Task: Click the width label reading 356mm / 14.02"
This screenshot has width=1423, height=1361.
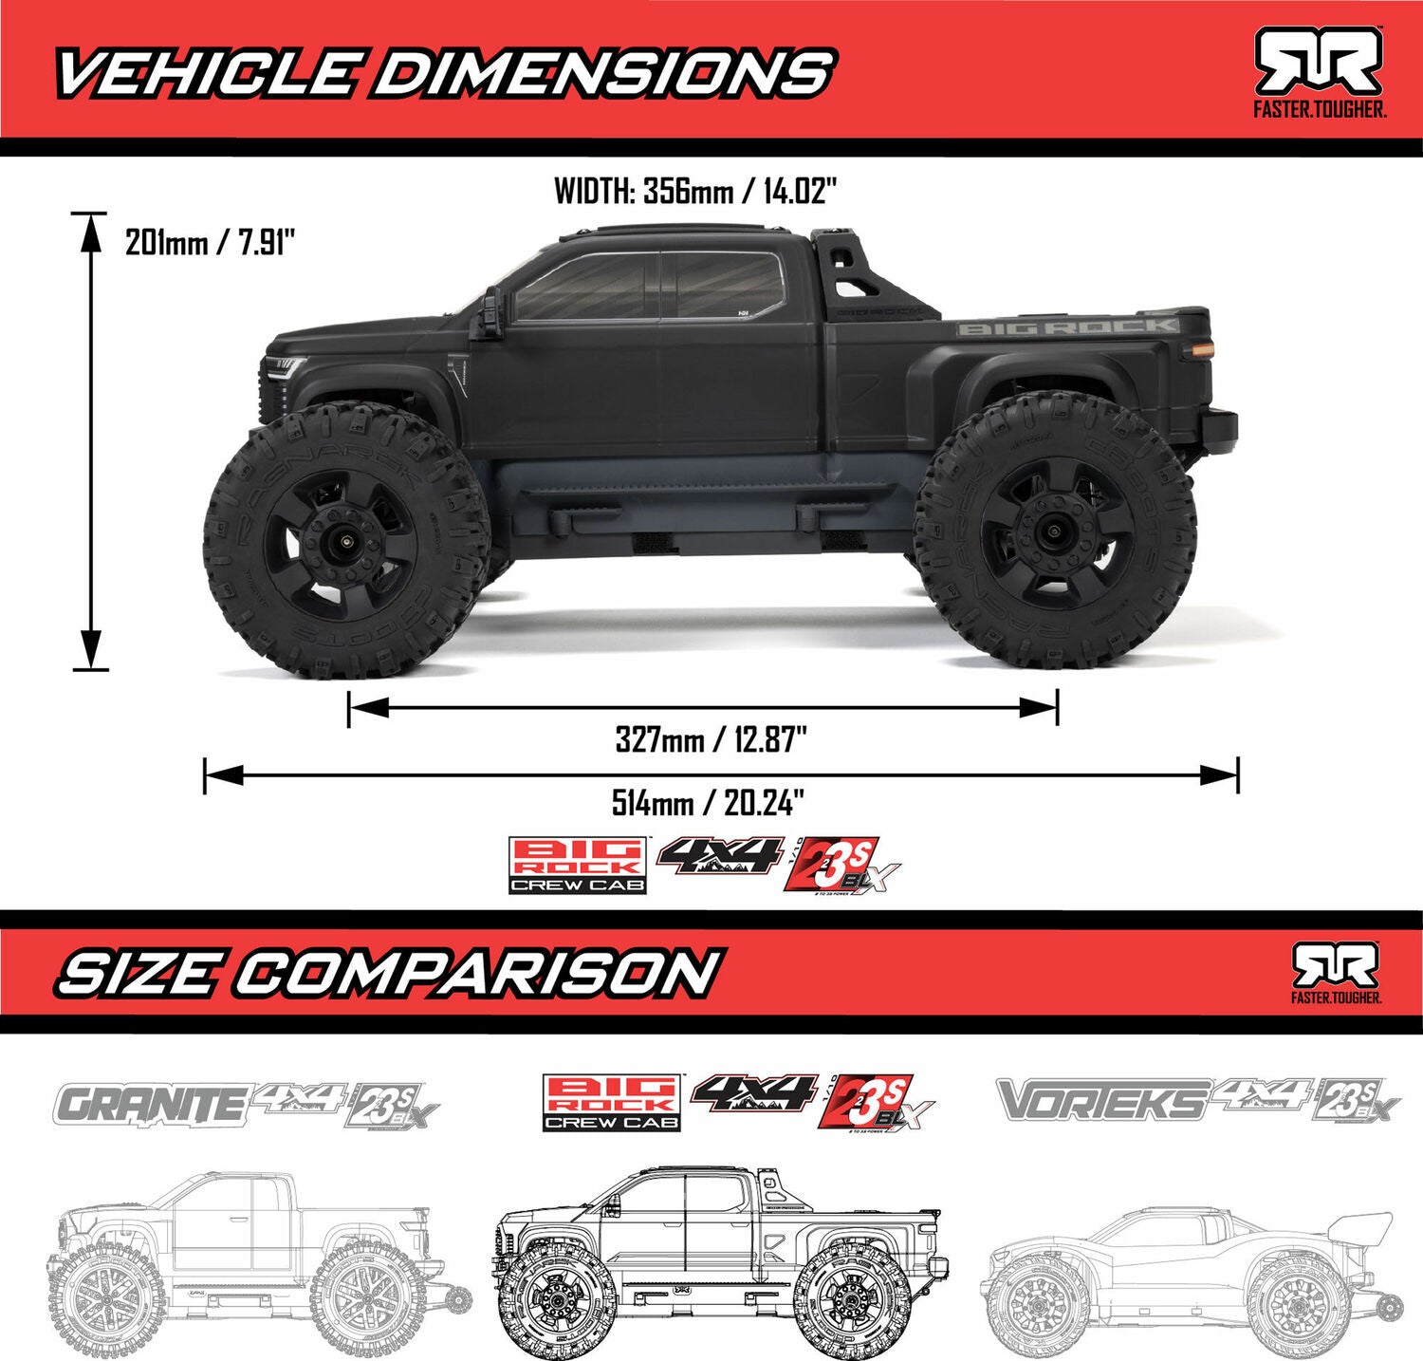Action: click(695, 191)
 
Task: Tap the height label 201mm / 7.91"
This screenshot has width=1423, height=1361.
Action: click(210, 243)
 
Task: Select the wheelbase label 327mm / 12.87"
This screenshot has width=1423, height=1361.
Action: click(711, 738)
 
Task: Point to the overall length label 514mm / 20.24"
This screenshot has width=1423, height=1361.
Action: click(708, 803)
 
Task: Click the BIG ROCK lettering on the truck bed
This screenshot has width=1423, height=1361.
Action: click(1067, 327)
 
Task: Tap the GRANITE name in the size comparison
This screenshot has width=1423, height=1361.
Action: click(150, 1104)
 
